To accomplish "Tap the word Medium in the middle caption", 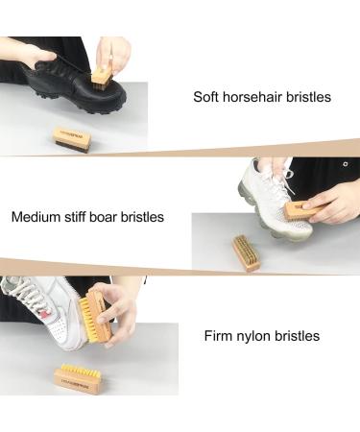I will click(x=39, y=217).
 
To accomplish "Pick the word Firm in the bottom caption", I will click(x=220, y=337).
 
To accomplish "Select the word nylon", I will click(x=257, y=337).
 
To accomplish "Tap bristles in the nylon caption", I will click(x=299, y=337).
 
